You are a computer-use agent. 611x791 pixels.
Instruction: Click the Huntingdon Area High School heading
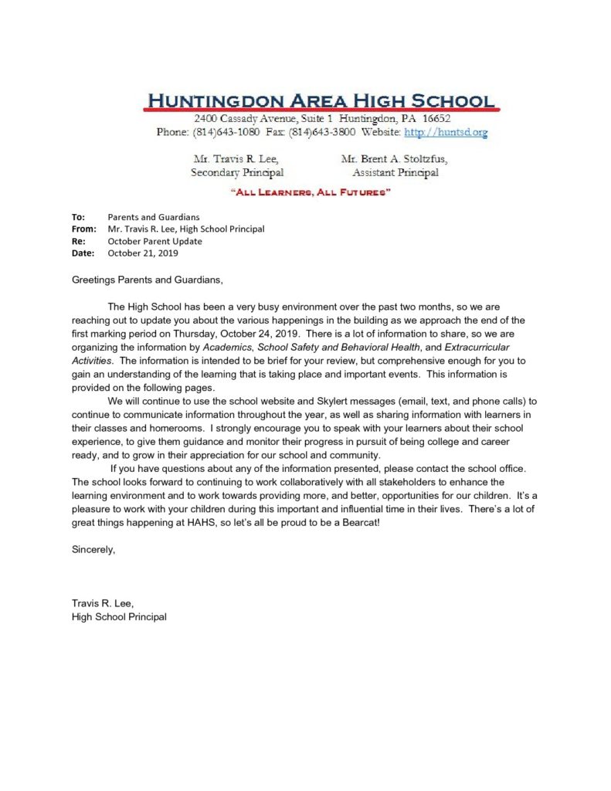click(x=321, y=100)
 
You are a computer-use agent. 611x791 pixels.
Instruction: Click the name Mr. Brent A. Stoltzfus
click(x=394, y=159)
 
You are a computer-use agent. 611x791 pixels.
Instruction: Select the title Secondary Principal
click(x=237, y=172)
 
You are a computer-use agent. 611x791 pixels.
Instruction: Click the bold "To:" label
click(x=78, y=217)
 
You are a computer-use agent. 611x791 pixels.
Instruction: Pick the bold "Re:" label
click(x=78, y=241)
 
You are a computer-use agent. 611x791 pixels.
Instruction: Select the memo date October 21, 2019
click(x=144, y=253)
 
